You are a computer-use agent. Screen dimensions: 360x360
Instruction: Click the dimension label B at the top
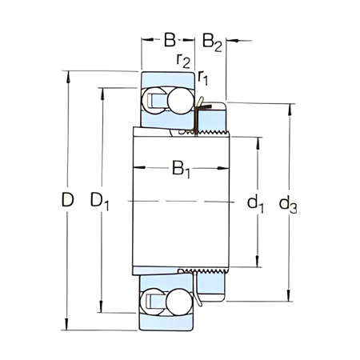[x=170, y=38]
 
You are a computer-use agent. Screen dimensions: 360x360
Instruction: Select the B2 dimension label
[x=211, y=40]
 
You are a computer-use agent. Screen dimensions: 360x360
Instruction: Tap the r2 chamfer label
[x=183, y=59]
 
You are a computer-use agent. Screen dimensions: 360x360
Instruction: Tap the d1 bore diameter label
[x=256, y=205]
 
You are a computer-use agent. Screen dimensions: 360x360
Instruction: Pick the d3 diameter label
[x=288, y=205]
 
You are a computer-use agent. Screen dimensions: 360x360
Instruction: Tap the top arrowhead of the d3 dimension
[x=288, y=106]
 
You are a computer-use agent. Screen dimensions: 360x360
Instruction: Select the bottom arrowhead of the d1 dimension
[x=258, y=263]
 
